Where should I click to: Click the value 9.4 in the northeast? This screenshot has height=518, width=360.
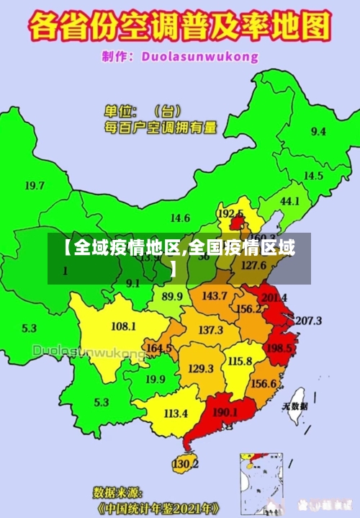pyautogui.click(x=318, y=131)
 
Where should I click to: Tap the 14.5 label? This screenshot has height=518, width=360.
pyautogui.click(x=313, y=176)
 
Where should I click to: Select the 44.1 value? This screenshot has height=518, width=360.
pyautogui.click(x=289, y=201)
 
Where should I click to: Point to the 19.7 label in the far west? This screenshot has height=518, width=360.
pyautogui.click(x=35, y=185)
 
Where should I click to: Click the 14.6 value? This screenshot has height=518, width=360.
pyautogui.click(x=180, y=218)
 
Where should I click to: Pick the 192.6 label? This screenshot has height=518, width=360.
pyautogui.click(x=230, y=214)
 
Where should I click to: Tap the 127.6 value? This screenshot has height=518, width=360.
pyautogui.click(x=253, y=264)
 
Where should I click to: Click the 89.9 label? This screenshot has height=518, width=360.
pyautogui.click(x=172, y=296)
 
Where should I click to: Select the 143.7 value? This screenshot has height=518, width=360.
pyautogui.click(x=215, y=295)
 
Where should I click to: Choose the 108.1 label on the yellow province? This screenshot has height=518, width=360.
pyautogui.click(x=123, y=326)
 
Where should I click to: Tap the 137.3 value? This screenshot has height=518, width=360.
pyautogui.click(x=210, y=330)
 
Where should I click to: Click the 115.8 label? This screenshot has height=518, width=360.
pyautogui.click(x=240, y=361)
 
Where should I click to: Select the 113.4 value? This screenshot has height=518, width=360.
pyautogui.click(x=176, y=414)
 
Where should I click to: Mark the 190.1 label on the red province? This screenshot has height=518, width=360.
pyautogui.click(x=225, y=413)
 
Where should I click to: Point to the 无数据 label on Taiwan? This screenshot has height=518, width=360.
pyautogui.click(x=295, y=406)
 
